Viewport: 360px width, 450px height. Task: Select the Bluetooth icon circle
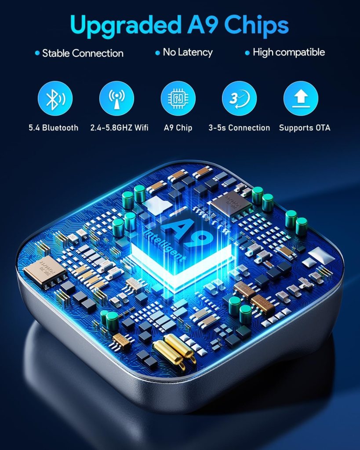(55, 99)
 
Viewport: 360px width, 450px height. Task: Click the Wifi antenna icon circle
(116, 99)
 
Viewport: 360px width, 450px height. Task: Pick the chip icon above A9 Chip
(178, 99)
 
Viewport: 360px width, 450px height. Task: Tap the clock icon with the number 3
(239, 99)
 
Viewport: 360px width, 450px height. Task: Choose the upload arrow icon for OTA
(301, 99)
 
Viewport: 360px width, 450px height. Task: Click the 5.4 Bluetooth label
(53, 128)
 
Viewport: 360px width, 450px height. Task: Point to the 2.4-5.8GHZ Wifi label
(119, 128)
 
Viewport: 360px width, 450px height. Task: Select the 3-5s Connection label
(239, 128)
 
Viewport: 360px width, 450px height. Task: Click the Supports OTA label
(305, 128)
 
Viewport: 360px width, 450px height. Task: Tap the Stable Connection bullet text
(83, 53)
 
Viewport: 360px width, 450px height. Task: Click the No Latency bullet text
(188, 52)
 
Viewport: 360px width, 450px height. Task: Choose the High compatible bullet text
(289, 52)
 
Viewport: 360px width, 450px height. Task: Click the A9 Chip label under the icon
(178, 128)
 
